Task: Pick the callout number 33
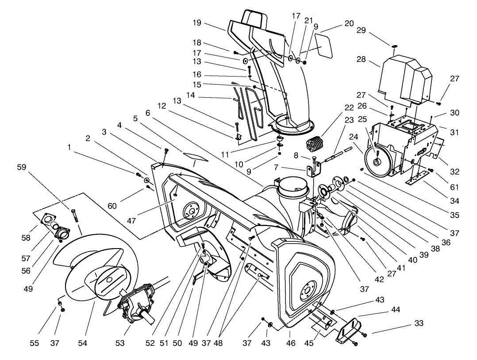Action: point(419,323)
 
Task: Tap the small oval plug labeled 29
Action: point(394,45)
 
